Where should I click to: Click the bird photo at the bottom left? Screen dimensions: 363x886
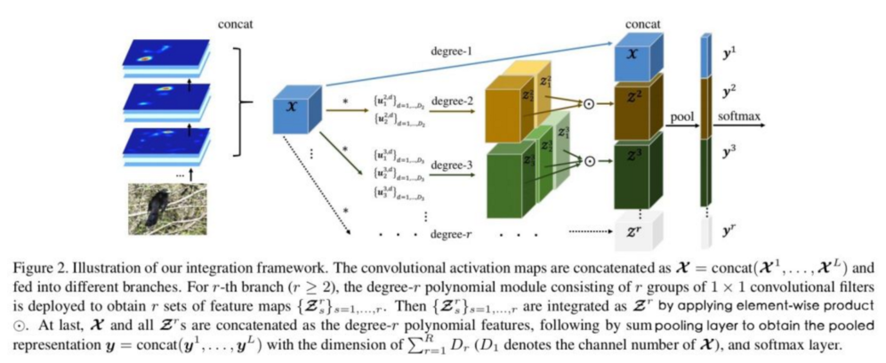(x=159, y=206)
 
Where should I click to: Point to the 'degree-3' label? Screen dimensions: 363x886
(x=452, y=165)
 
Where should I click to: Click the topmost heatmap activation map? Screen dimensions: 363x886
(x=157, y=55)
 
